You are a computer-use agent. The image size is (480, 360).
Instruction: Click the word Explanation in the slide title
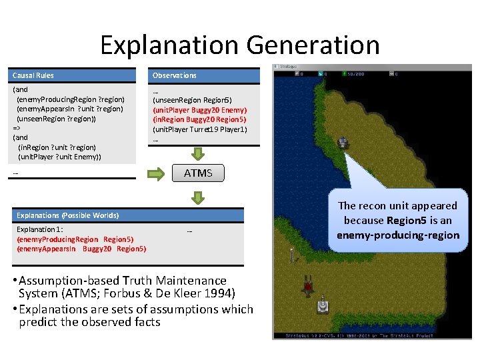[169, 45]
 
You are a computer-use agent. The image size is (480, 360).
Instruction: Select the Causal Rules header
[33, 75]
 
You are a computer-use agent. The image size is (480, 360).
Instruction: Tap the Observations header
[175, 75]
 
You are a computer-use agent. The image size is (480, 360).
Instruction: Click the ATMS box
[198, 173]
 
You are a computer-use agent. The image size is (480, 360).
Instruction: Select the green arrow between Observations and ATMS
[199, 152]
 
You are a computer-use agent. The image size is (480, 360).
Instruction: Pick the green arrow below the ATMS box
[199, 197]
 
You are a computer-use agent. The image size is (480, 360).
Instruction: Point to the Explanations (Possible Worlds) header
[68, 215]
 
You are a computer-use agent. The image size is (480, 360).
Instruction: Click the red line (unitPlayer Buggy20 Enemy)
[200, 109]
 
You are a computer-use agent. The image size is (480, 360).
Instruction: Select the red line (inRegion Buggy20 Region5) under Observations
[200, 119]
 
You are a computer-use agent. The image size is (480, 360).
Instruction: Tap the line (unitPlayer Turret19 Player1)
[200, 129]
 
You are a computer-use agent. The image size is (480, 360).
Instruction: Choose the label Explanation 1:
[39, 229]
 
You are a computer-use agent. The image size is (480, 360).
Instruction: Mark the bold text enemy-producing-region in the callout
[398, 235]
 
